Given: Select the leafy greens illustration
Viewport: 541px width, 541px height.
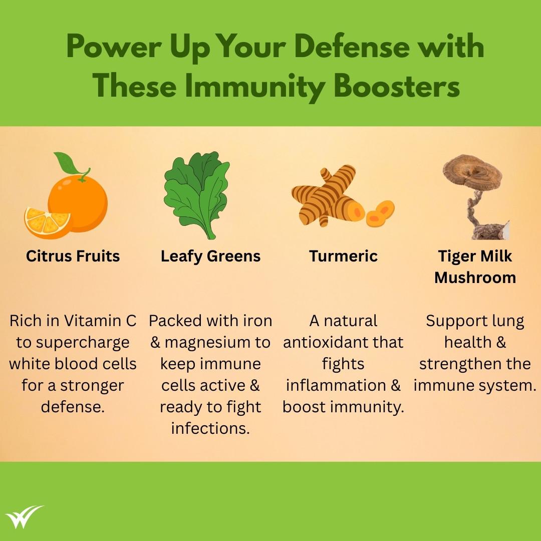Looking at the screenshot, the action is pos(197,195).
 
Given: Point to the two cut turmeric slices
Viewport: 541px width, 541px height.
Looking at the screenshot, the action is pos(380,213).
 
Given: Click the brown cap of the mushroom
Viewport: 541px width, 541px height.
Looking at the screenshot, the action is pos(472,172).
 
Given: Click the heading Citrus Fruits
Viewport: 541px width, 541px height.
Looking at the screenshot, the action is pos(73,256).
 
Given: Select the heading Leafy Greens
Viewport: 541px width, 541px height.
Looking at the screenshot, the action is pos(210,256).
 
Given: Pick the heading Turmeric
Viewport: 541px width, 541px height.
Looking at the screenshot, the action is pos(343,256).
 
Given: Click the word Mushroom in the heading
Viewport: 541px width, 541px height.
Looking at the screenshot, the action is pos(475,278).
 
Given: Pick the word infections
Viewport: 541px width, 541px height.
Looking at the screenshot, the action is pos(210,428).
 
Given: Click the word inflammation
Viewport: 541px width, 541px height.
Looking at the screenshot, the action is pos(336,385).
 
